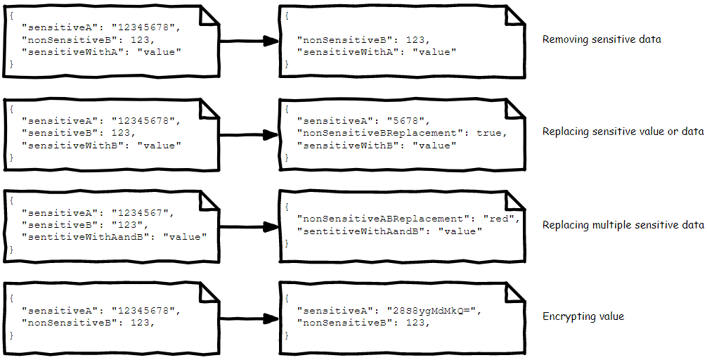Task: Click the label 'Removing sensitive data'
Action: pos(601,39)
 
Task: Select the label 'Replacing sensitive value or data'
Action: pos(623,131)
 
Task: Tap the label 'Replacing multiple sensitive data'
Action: pos(623,225)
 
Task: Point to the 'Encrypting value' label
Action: pos(583,316)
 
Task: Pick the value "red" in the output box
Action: pos(501,219)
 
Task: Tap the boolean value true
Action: pos(490,133)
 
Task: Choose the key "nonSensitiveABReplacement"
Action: pos(380,219)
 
